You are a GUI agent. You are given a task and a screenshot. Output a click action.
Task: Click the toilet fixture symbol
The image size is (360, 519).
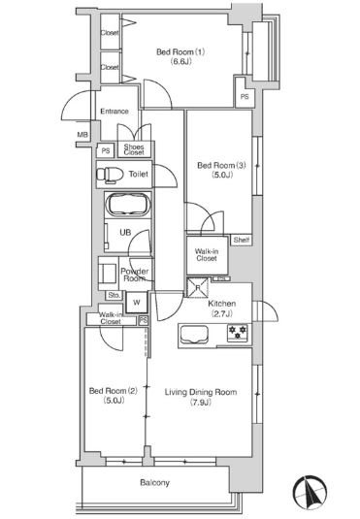pyautogui.click(x=110, y=175)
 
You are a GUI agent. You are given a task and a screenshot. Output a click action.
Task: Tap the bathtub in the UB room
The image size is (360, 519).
pyautogui.click(x=127, y=205)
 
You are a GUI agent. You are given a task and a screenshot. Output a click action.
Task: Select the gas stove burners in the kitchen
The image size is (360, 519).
pyautogui.click(x=238, y=333)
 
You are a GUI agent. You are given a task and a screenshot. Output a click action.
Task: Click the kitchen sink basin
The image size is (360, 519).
pyautogui.click(x=194, y=335)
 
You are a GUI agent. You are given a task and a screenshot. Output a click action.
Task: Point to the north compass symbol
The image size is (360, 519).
pyautogui.click(x=310, y=493)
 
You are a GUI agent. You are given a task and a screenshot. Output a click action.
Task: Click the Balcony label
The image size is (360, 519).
pyautogui.click(x=154, y=482)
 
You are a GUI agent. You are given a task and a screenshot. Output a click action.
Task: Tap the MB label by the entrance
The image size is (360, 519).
pyautogui.click(x=82, y=135)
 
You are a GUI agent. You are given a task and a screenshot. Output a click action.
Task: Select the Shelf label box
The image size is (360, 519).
pyautogui.click(x=241, y=240)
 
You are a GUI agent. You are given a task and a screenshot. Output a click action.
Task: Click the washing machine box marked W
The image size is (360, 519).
pyautogui.click(x=137, y=303)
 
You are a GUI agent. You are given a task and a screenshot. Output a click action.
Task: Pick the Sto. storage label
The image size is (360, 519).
pyautogui.click(x=115, y=295)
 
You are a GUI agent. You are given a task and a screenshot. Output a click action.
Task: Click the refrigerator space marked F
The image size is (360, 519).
pyautogui.click(x=198, y=288)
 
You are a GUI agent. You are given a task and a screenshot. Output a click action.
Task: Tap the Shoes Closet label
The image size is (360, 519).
pyautogui.click(x=134, y=149)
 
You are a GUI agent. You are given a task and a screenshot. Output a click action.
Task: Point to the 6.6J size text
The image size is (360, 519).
pyautogui.click(x=180, y=61)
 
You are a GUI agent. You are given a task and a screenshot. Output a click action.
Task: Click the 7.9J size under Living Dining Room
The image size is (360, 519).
pyautogui.click(x=201, y=403)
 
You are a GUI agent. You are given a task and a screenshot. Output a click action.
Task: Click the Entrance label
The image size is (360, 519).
pyautogui.click(x=115, y=112)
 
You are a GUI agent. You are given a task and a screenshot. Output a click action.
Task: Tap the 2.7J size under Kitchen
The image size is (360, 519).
pyautogui.click(x=222, y=313)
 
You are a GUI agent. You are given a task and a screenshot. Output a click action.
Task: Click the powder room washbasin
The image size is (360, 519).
pyautogui.click(x=108, y=274)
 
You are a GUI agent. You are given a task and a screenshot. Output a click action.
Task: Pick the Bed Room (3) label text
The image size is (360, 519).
pyautogui.click(x=221, y=165)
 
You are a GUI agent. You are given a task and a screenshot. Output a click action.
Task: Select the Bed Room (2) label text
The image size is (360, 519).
pyautogui.click(x=114, y=391)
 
